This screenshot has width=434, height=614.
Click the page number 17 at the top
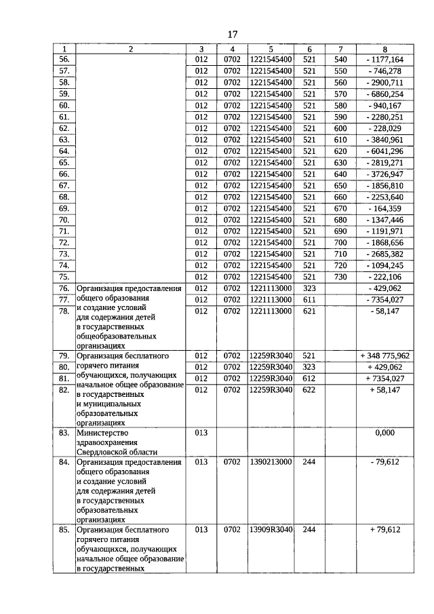(232, 34)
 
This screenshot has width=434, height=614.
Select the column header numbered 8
(384, 49)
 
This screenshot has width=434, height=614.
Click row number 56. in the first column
(64, 59)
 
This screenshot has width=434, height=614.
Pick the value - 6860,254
(384, 94)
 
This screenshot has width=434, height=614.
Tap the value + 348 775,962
(384, 355)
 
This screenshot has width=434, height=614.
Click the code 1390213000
(271, 462)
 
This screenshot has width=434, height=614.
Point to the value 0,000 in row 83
(384, 431)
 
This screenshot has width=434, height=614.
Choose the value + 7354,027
(384, 378)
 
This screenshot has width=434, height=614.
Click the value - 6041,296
(384, 151)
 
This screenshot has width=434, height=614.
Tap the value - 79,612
(384, 462)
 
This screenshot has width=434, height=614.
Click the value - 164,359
(384, 208)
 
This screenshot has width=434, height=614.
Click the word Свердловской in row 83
(103, 451)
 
